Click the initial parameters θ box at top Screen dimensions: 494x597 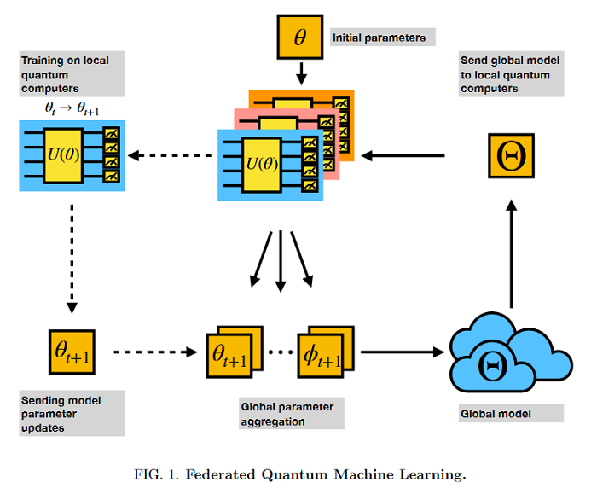tap(299, 38)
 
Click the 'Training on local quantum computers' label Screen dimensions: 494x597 tap(72, 74)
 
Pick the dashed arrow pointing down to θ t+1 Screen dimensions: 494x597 tap(72, 264)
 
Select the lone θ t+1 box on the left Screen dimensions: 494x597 tap(72, 352)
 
